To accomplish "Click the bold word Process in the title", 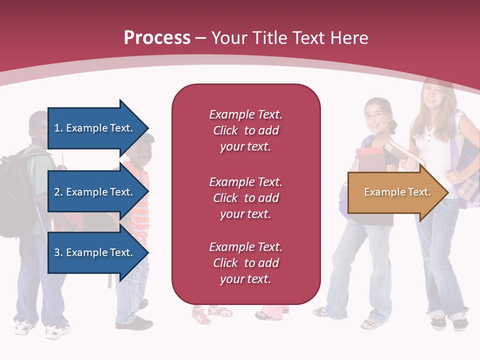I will [157, 37].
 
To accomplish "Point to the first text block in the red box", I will [245, 130].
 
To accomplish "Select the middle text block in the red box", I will [245, 198].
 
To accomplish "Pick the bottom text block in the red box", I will [245, 263].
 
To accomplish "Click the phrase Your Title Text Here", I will [290, 37].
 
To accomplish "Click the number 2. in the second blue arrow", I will [58, 192].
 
